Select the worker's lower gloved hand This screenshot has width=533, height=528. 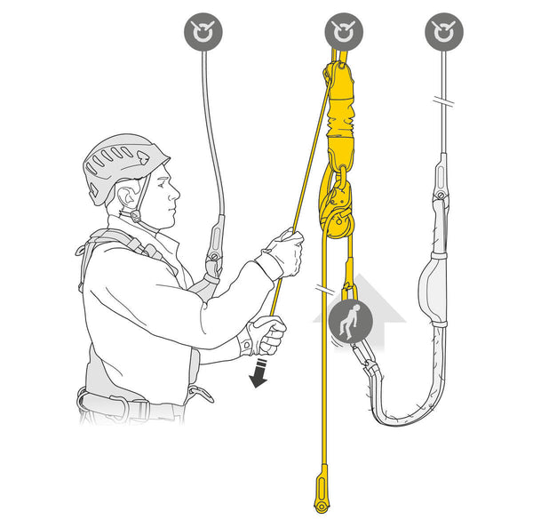click(265, 335)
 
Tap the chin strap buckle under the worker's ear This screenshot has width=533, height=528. click(135, 215)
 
